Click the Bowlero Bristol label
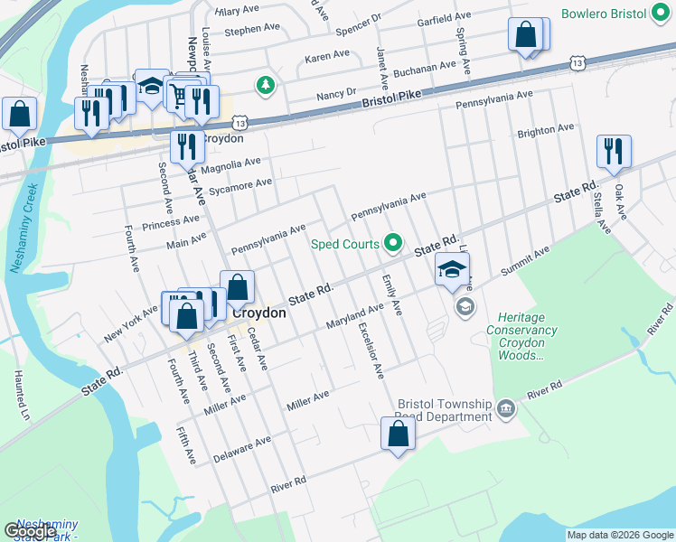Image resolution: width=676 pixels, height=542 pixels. click(616, 14)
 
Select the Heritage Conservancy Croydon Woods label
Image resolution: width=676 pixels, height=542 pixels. click(521, 336)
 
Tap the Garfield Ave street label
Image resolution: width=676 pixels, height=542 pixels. click(444, 17)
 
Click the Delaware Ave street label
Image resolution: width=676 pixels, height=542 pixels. click(242, 449)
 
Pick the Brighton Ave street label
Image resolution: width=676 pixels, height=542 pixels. click(546, 131)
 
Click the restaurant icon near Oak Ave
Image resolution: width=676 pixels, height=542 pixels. click(614, 152)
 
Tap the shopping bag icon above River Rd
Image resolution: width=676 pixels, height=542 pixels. click(398, 434)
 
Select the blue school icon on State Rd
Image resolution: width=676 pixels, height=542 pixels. click(452, 268)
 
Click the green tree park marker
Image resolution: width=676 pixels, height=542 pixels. click(265, 86)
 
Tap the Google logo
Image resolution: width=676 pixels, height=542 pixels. click(30, 531)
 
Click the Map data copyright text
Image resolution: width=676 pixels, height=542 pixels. click(620, 535)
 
